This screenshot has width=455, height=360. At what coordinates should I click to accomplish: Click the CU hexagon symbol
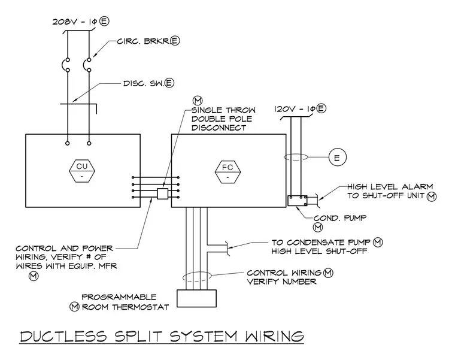coord(82,171)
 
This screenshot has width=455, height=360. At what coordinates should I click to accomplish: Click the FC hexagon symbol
coord(227,172)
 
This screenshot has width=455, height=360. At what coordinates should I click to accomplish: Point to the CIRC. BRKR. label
coord(144,41)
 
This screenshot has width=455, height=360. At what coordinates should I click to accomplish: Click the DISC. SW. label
coord(144,83)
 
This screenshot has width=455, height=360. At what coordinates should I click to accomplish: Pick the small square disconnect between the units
coord(162,193)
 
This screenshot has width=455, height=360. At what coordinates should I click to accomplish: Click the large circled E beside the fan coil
coord(338,158)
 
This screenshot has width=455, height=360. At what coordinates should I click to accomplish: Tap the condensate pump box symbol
coord(298,201)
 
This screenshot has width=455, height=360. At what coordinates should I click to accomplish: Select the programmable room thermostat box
coord(197,298)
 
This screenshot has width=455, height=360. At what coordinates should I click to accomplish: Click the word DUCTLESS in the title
coord(63,337)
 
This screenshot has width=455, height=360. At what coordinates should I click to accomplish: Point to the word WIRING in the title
coord(275,337)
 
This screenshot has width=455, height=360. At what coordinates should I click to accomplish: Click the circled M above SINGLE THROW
coord(198,101)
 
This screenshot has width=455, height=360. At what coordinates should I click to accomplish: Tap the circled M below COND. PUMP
coord(318,227)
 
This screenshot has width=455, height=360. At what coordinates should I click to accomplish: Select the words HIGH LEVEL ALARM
coord(390,187)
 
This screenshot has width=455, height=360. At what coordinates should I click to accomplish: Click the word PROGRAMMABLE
coord(119,297)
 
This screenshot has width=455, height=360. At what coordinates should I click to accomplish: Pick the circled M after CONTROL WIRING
coord(328,273)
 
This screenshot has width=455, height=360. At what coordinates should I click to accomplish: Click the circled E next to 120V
coord(321,108)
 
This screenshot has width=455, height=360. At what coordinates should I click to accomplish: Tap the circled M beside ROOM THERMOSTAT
coord(75,307)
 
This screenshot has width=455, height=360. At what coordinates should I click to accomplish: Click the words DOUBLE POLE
coord(222,119)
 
